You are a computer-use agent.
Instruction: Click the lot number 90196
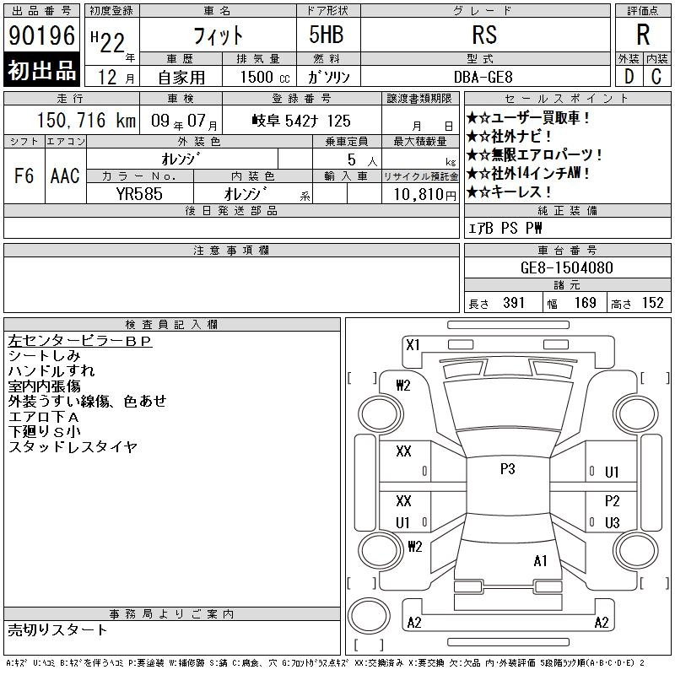[x=41, y=35]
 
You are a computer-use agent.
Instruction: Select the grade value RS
[x=484, y=35]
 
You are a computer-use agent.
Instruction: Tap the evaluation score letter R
[x=643, y=35]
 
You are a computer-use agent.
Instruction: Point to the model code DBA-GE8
[x=483, y=77]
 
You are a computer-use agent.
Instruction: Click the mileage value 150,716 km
[x=86, y=120]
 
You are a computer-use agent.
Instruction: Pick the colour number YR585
[x=139, y=194]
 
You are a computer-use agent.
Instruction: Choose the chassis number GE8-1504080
[x=566, y=267]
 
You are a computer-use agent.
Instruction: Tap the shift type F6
[x=24, y=175]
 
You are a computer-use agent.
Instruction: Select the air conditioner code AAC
[x=65, y=175]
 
